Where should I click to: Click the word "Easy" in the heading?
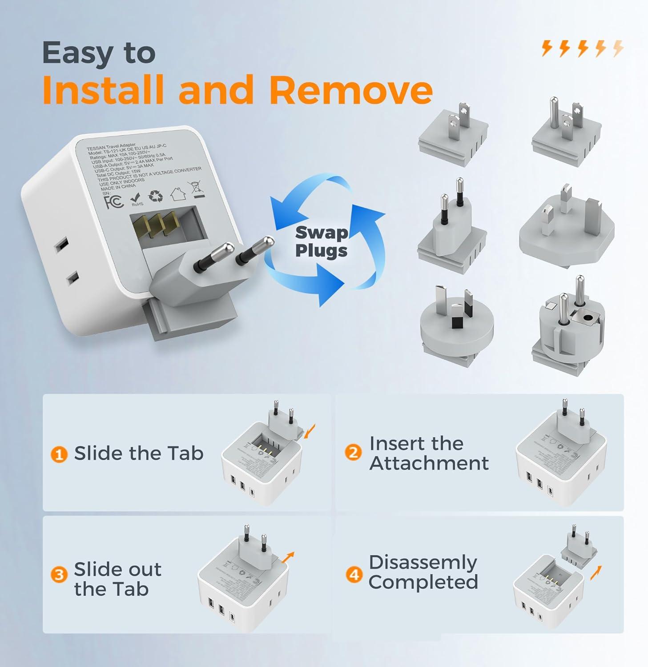click(x=78, y=53)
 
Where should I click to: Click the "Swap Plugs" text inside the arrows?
click(x=321, y=241)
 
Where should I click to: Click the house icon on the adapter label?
click(x=178, y=194)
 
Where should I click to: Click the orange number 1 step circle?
click(x=59, y=454)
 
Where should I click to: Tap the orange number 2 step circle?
click(x=353, y=453)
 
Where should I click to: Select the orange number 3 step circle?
click(x=59, y=575)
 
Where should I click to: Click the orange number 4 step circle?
click(x=354, y=575)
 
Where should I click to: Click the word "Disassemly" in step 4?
click(x=423, y=563)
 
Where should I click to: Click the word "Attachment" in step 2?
click(x=429, y=463)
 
